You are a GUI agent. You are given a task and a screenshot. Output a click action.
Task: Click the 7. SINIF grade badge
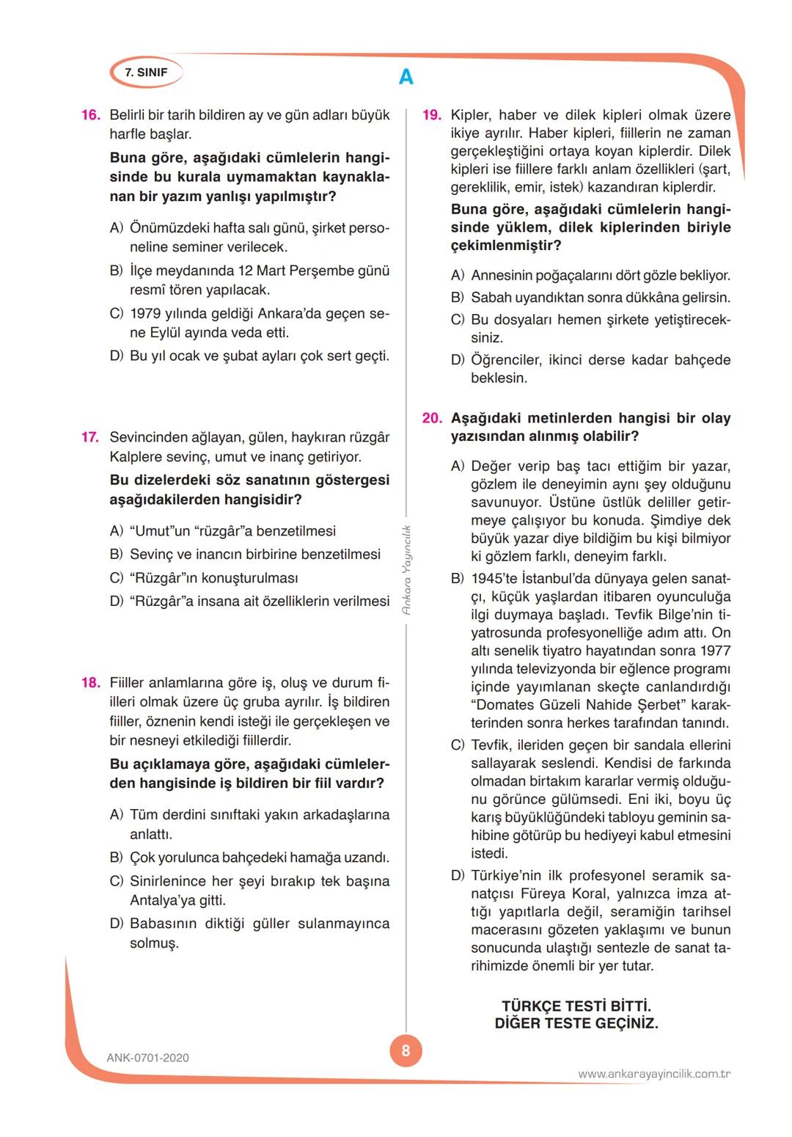[146, 73]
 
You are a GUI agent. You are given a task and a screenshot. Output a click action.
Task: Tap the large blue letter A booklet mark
[406, 76]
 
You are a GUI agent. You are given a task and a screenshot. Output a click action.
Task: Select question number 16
[91, 115]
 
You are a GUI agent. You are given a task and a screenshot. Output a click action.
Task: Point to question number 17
[90, 437]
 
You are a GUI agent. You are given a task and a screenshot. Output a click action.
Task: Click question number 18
[91, 683]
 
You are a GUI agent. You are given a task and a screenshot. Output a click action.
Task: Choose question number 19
[432, 115]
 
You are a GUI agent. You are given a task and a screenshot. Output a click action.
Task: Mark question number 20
[432, 418]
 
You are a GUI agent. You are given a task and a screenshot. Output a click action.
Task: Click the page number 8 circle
[406, 1051]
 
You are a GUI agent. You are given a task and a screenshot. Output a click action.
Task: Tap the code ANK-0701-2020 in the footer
[147, 1058]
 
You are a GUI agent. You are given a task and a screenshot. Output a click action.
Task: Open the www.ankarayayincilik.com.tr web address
[653, 1074]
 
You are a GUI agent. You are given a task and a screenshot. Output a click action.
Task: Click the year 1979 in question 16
[145, 314]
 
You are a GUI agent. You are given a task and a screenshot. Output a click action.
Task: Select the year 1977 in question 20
[716, 651]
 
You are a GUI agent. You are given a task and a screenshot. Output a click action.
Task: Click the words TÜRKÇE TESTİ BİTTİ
[576, 1006]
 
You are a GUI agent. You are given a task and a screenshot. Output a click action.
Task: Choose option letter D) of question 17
[116, 602]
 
